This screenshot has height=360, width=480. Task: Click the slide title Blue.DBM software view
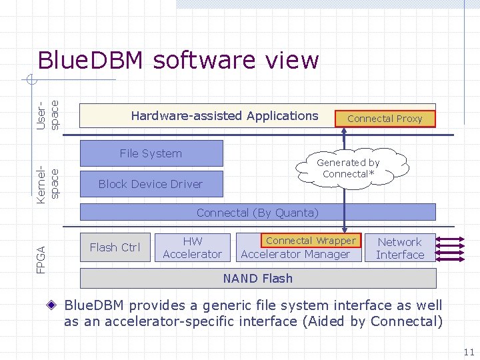pyautogui.click(x=178, y=60)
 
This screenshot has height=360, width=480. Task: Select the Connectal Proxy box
pyautogui.click(x=385, y=118)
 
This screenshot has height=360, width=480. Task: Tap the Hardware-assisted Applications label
pyautogui.click(x=224, y=116)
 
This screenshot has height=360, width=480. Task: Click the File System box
pyautogui.click(x=151, y=153)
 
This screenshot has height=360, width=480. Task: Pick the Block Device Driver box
pyautogui.click(x=151, y=184)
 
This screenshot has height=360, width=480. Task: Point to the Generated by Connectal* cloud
pyautogui.click(x=348, y=168)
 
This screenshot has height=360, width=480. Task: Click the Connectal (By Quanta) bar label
pyautogui.click(x=257, y=213)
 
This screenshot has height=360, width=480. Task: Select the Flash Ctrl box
pyautogui.click(x=115, y=247)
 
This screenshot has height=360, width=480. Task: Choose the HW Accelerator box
pyautogui.click(x=192, y=247)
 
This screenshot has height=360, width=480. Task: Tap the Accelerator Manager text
pyautogui.click(x=295, y=254)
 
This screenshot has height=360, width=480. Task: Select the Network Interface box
pyautogui.click(x=400, y=248)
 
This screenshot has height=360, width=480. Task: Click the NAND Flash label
pyautogui.click(x=257, y=278)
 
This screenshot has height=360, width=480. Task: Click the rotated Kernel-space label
pyautogui.click(x=48, y=181)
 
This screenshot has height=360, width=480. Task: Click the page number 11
pyautogui.click(x=468, y=352)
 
